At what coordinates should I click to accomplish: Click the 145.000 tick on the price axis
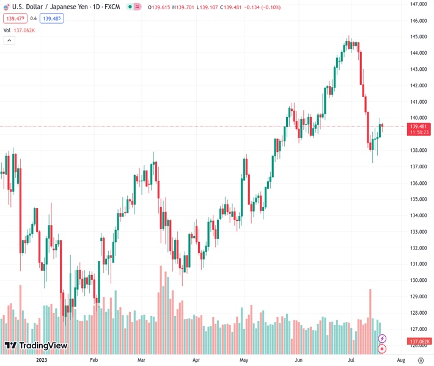pos(419,37)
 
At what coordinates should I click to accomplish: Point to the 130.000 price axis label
pos(419,281)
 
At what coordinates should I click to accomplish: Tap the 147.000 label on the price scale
pos(419,4)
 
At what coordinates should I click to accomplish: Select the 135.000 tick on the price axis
pos(419,199)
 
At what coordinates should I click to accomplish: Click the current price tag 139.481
pos(419,126)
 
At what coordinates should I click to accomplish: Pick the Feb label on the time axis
pos(94,360)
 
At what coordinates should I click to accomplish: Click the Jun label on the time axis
pos(298,360)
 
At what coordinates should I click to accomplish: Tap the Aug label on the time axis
pos(400,360)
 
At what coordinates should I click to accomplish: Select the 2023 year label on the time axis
pos(42,360)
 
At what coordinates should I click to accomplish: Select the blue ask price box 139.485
pos(53,18)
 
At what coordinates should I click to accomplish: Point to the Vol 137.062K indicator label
pos(20,30)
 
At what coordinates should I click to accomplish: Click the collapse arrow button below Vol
pos(9,40)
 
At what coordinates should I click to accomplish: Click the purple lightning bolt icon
pos(383,338)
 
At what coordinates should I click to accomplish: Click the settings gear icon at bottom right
pos(421,360)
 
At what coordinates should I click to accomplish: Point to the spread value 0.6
pos(34,18)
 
